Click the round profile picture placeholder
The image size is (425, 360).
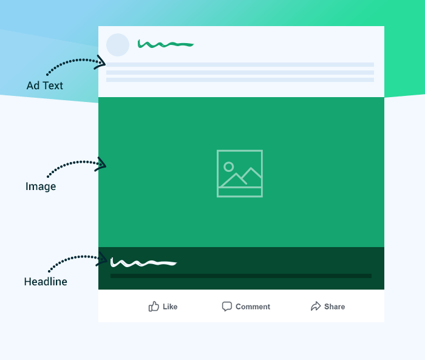pos(118,45)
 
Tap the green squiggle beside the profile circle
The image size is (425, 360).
pos(165,44)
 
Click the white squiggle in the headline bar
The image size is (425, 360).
pos(143,263)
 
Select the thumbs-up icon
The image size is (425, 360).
pos(154,307)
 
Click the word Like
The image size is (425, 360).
pos(170,307)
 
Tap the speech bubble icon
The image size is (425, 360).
pos(227,307)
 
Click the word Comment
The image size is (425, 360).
pos(253,307)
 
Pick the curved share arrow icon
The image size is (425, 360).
pos(316,307)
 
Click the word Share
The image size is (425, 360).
pos(335,307)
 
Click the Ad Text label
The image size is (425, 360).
pos(45,86)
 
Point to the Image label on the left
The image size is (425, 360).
pos(41,186)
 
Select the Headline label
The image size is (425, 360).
pos(46,282)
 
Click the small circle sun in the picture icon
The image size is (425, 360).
pos(228,167)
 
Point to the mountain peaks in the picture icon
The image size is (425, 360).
pos(240,177)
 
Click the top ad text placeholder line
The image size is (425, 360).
pos(240,64)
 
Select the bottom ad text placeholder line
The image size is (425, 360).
pos(240,80)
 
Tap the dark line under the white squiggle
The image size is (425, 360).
pos(241,276)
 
